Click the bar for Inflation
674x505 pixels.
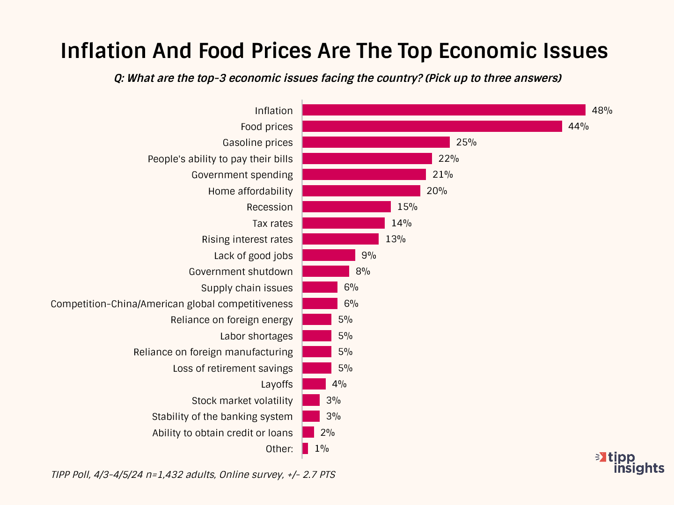(444, 110)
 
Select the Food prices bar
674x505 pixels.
(432, 126)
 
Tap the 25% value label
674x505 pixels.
(466, 142)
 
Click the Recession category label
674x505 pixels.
(270, 207)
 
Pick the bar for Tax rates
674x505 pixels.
(344, 223)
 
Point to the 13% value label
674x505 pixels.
(396, 239)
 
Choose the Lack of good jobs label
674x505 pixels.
(253, 256)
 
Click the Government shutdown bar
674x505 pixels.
(326, 271)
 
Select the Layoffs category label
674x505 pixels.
(277, 384)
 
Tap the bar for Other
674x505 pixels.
(305, 448)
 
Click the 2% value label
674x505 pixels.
(328, 433)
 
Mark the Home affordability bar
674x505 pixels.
(361, 191)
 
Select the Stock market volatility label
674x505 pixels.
(242, 401)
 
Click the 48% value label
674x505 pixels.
(602, 110)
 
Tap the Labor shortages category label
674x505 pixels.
(256, 336)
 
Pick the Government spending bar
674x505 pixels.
(364, 174)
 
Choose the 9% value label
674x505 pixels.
(369, 255)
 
